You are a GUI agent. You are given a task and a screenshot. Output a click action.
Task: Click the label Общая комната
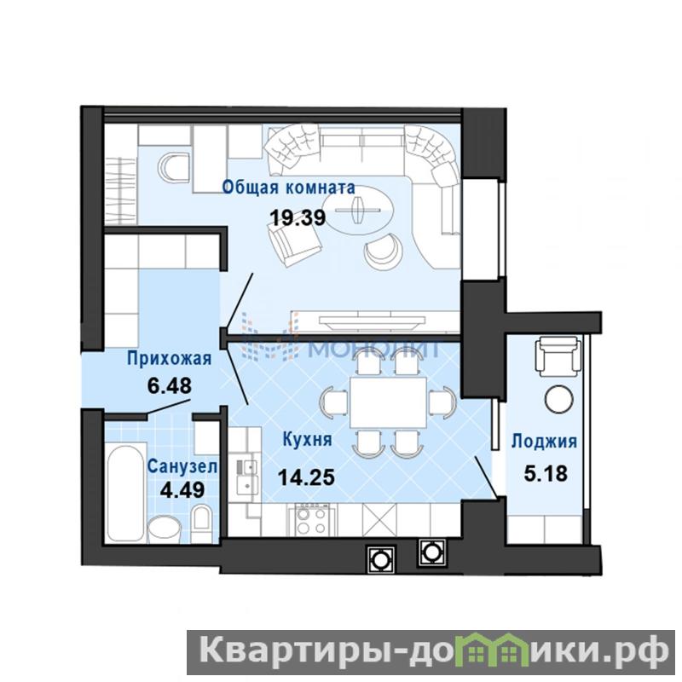[288, 188]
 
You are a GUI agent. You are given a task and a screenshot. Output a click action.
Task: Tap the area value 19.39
[298, 217]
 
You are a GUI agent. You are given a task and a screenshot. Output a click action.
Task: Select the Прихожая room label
[169, 359]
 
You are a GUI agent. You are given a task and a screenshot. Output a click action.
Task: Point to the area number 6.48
[169, 385]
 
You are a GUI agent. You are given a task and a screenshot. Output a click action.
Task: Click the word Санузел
[182, 466]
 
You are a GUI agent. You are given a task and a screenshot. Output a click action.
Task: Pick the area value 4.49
[182, 490]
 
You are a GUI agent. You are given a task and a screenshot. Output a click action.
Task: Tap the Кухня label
[307, 439]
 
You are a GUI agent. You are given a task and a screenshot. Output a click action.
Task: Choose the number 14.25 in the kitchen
[306, 477]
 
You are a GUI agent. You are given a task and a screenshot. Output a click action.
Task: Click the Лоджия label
[544, 441]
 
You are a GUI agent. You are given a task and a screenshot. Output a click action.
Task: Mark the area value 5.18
[546, 473]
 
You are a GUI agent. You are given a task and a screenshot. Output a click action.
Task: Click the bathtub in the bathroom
[126, 492]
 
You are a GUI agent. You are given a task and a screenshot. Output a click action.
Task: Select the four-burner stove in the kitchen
[311, 520]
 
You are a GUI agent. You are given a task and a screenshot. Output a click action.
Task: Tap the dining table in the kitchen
[388, 402]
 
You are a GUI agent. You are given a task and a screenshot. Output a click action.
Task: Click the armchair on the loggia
[558, 357]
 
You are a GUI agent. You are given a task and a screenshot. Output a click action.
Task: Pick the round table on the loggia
[559, 399]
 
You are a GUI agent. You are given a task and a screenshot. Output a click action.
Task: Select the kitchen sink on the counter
[247, 477]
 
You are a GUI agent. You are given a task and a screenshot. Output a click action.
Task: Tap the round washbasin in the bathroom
[165, 529]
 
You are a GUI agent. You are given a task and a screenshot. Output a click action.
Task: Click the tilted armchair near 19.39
[293, 245]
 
